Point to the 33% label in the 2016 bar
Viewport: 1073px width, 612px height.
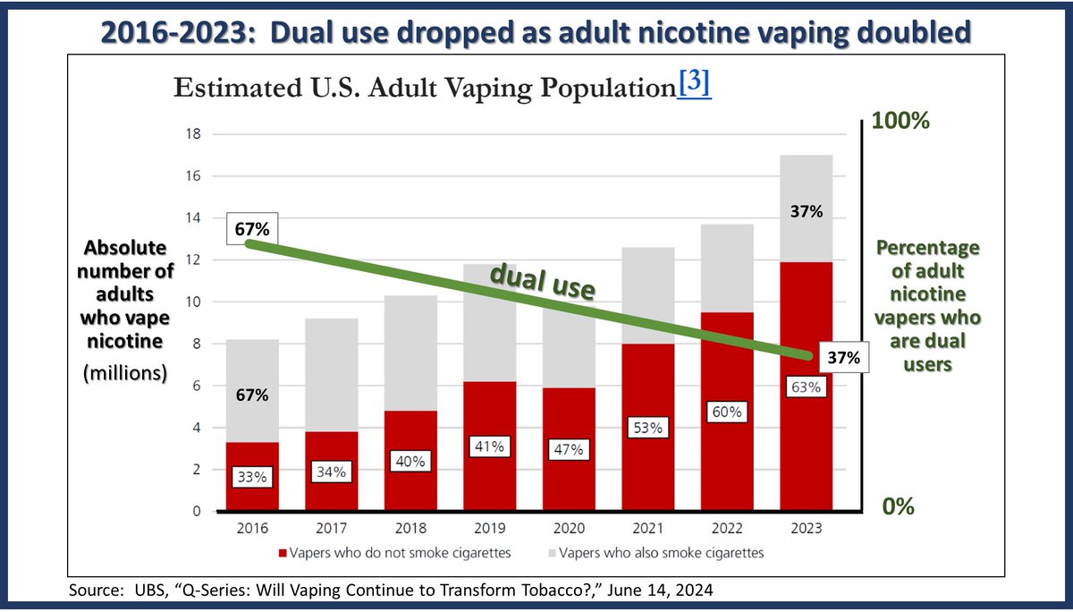[252, 478]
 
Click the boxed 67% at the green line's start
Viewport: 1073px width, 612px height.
[252, 229]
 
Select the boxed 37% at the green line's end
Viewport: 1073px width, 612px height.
[842, 358]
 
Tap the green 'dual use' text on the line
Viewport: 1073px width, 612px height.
[541, 284]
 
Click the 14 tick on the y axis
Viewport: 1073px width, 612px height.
[192, 218]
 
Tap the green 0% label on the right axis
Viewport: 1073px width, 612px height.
[898, 506]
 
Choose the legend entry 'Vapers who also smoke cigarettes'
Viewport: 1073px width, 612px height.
[660, 553]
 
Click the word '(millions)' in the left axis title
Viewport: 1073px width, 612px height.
[125, 372]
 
